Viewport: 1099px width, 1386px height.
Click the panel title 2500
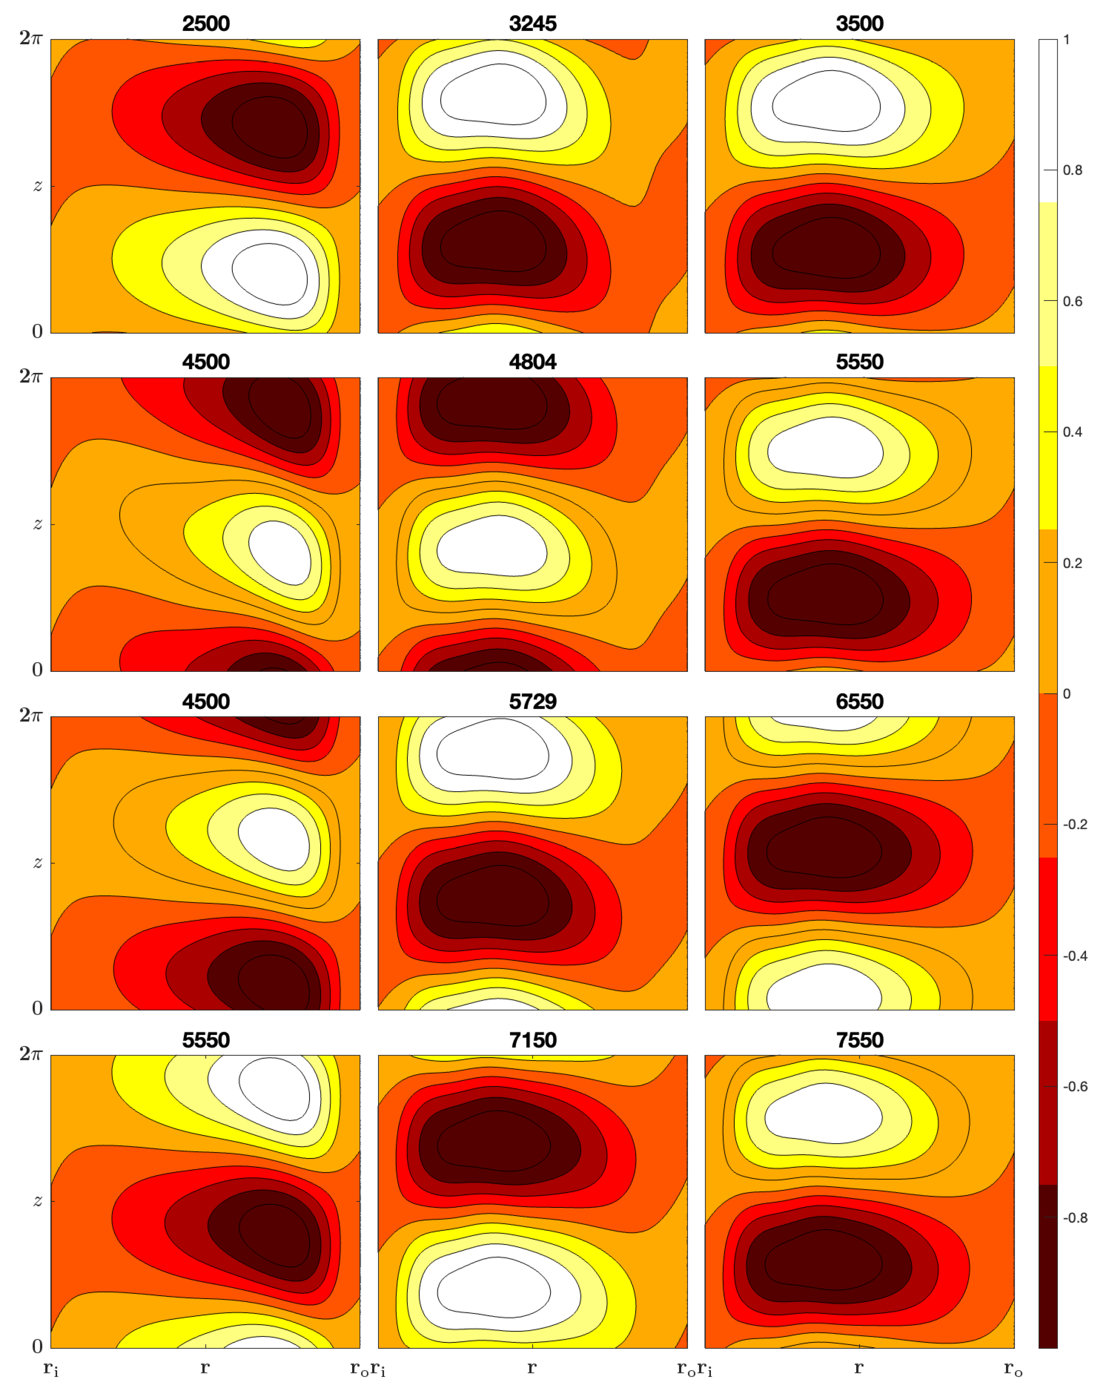(206, 24)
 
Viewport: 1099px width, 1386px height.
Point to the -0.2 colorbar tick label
(1075, 825)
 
